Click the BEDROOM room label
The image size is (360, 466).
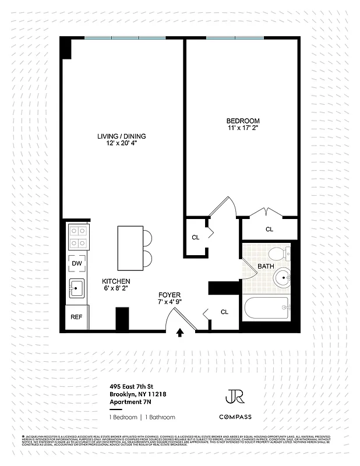[243, 121]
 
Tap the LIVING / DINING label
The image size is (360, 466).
[121, 136]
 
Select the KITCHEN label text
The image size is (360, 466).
[116, 280]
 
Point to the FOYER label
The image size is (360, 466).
[170, 295]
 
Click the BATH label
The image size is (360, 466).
[266, 266]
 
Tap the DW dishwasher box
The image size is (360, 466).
[76, 263]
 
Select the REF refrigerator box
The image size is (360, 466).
[76, 317]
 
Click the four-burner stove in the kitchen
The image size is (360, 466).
[78, 236]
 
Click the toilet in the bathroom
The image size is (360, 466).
[279, 253]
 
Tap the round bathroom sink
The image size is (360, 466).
[284, 278]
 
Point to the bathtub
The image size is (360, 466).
[266, 309]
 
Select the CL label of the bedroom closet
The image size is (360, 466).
[269, 230]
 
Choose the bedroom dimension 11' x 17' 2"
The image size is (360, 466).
[243, 128]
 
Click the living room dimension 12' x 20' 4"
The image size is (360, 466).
[121, 144]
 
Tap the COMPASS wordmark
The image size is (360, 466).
[235, 416]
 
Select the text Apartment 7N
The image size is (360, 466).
[133, 402]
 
